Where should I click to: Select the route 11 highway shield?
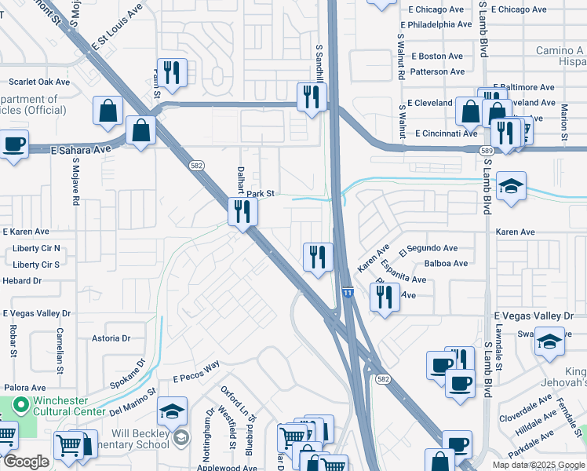pyautogui.click(x=347, y=292)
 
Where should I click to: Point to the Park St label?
pyautogui.click(x=261, y=193)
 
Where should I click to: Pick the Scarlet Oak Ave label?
pyautogui.click(x=39, y=82)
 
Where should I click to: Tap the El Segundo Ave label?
pyautogui.click(x=428, y=249)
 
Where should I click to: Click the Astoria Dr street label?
pyautogui.click(x=111, y=338)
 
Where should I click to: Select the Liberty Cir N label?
pyautogui.click(x=36, y=249)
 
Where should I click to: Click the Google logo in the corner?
pyautogui.click(x=26, y=462)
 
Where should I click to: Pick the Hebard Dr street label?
pyautogui.click(x=22, y=280)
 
